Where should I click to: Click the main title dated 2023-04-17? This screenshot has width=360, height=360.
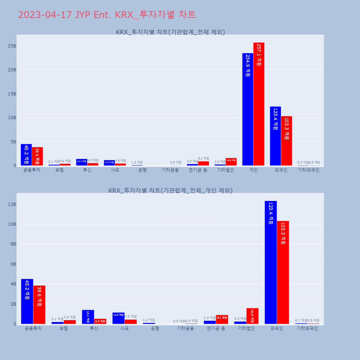tap(107, 15)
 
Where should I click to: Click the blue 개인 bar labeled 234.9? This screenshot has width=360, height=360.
tap(248, 109)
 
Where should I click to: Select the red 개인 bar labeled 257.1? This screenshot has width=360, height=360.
tap(259, 104)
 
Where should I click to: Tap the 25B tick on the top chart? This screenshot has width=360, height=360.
tap(12, 46)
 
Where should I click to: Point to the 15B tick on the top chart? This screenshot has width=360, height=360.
tap(12, 94)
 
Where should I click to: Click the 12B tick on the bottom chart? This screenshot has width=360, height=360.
tap(12, 204)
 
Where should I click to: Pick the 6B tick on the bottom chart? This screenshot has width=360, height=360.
tap(12, 264)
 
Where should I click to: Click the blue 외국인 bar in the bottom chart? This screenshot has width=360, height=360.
tap(271, 262)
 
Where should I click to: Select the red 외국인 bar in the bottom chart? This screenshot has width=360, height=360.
tap(283, 273)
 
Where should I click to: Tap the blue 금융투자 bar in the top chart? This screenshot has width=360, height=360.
tap(26, 155)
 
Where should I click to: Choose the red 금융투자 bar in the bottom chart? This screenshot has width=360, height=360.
tap(39, 305)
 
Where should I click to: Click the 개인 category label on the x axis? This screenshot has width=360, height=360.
tap(253, 170)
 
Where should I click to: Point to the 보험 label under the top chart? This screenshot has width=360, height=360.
tap(59, 170)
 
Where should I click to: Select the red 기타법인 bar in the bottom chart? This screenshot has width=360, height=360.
tap(252, 316)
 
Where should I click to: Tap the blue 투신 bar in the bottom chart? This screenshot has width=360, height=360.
tap(88, 317)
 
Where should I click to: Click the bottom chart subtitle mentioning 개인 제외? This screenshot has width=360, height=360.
tap(170, 190)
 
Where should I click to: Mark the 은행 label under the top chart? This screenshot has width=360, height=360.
tap(143, 170)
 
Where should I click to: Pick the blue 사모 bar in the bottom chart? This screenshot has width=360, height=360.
tap(118, 318)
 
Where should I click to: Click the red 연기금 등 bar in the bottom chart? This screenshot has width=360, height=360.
tap(222, 319)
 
